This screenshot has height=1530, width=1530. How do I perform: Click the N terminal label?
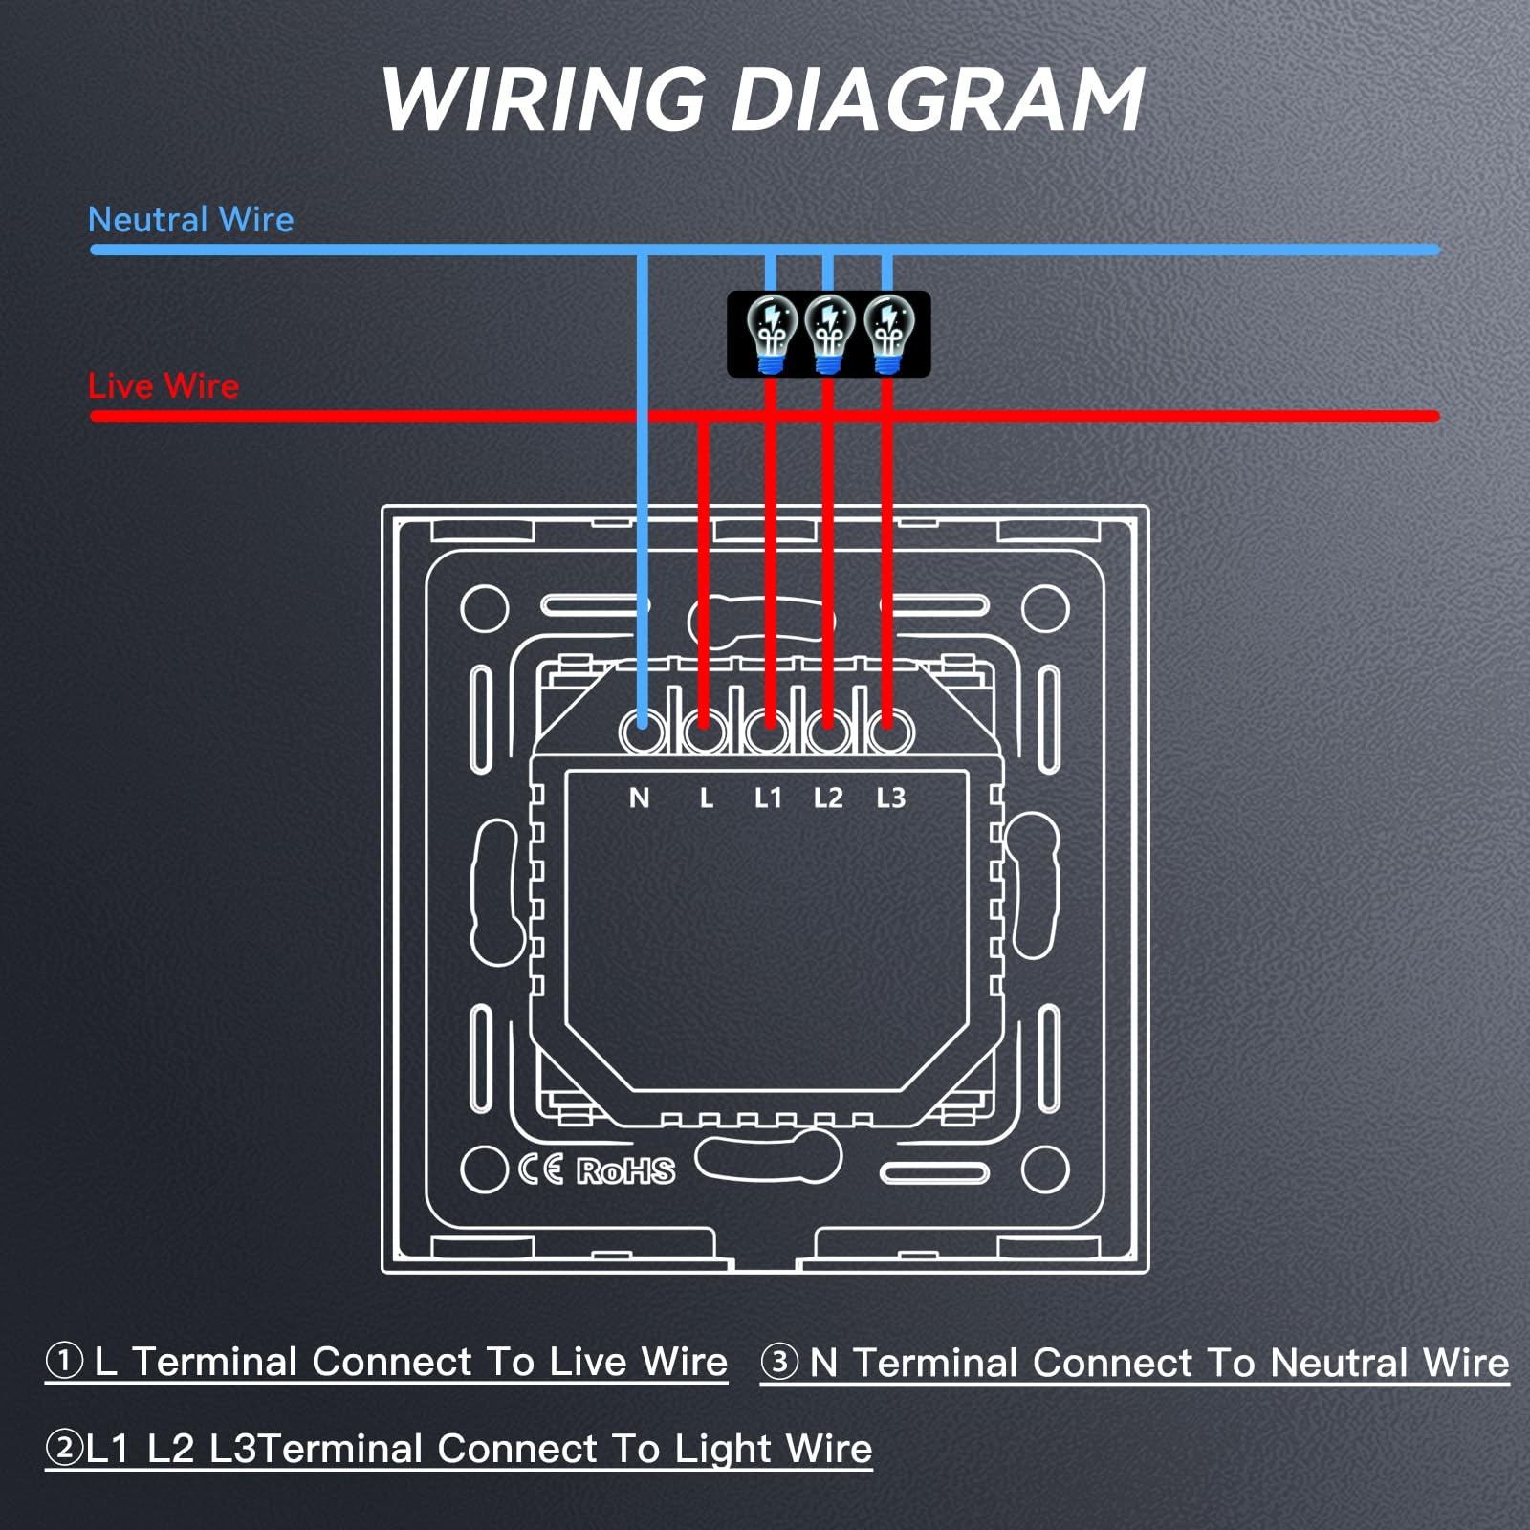click(x=640, y=798)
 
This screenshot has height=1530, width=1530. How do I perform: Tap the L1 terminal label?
click(x=768, y=798)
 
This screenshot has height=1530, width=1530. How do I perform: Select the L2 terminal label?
click(x=828, y=798)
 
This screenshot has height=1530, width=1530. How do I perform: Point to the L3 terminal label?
click(x=890, y=798)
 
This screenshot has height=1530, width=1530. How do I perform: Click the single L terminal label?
click(x=707, y=798)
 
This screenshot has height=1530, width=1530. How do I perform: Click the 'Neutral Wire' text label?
click(x=190, y=220)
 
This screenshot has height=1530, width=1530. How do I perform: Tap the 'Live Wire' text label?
click(x=164, y=386)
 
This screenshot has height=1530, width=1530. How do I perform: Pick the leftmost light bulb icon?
click(x=771, y=334)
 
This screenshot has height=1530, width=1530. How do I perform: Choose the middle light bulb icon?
click(x=829, y=334)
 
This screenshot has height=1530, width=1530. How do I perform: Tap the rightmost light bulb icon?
click(x=888, y=334)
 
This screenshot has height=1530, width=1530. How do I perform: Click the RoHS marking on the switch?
click(x=625, y=1170)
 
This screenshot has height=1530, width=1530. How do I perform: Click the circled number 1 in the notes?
click(x=64, y=1361)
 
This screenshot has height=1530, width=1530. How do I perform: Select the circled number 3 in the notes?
click(x=779, y=1362)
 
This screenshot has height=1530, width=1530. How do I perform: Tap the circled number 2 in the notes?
click(x=64, y=1448)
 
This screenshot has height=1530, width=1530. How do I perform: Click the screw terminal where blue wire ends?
click(x=642, y=733)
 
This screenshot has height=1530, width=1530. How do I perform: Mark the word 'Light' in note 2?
click(x=718, y=1450)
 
